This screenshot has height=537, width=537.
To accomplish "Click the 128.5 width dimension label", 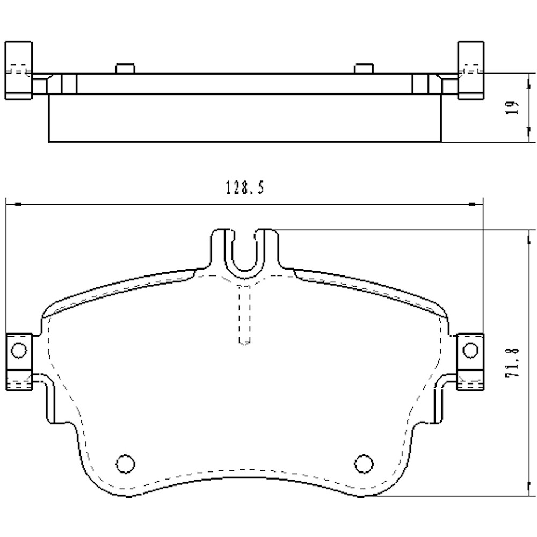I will (245, 188).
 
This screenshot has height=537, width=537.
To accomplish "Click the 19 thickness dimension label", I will (514, 107).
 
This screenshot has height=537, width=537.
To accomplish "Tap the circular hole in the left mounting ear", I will (18, 351).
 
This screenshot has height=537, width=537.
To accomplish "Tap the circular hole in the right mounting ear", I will (470, 350).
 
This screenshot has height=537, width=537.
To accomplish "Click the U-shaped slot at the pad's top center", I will (245, 252).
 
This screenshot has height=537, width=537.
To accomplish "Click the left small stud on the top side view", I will (125, 68).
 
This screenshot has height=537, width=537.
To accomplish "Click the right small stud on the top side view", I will (364, 68).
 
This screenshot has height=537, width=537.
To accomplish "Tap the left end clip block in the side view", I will (18, 70).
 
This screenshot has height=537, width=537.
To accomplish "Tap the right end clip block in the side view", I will (470, 70).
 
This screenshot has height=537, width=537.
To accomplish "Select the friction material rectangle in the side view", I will (245, 118).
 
